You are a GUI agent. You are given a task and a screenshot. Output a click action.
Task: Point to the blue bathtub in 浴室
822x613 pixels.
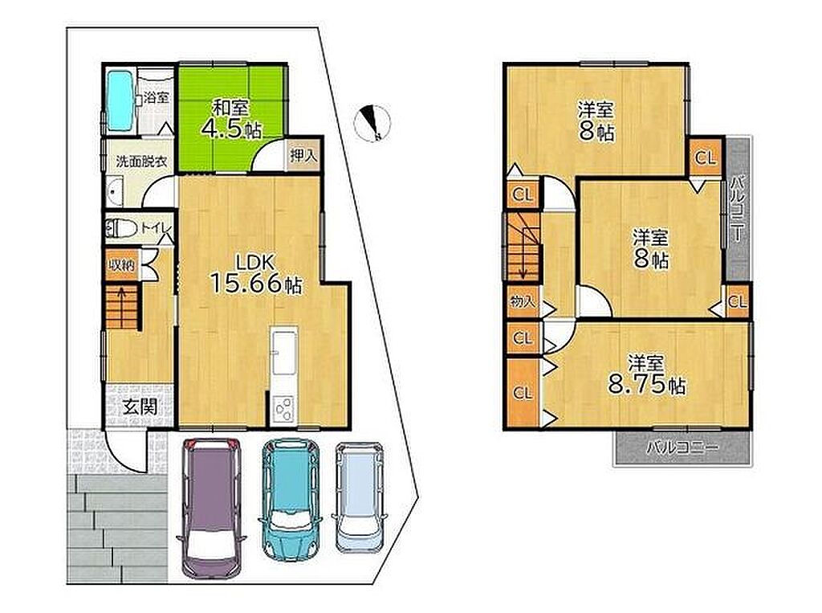click(120, 101)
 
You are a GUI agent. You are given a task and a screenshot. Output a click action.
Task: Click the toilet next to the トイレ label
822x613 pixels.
click(120, 229)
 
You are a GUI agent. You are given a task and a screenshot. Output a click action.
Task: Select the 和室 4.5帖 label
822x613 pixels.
click(231, 120)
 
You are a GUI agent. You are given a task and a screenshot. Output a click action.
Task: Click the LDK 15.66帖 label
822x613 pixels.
click(256, 273)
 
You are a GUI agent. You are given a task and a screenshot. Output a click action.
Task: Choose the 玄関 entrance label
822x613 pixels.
click(140, 407)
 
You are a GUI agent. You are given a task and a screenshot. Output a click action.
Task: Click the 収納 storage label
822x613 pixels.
click(121, 265)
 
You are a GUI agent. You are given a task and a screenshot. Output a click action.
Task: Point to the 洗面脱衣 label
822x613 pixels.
click(141, 161)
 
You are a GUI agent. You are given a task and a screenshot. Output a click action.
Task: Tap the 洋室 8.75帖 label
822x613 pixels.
click(646, 374)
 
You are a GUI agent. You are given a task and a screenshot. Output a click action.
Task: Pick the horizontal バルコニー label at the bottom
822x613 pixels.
click(682, 447)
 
